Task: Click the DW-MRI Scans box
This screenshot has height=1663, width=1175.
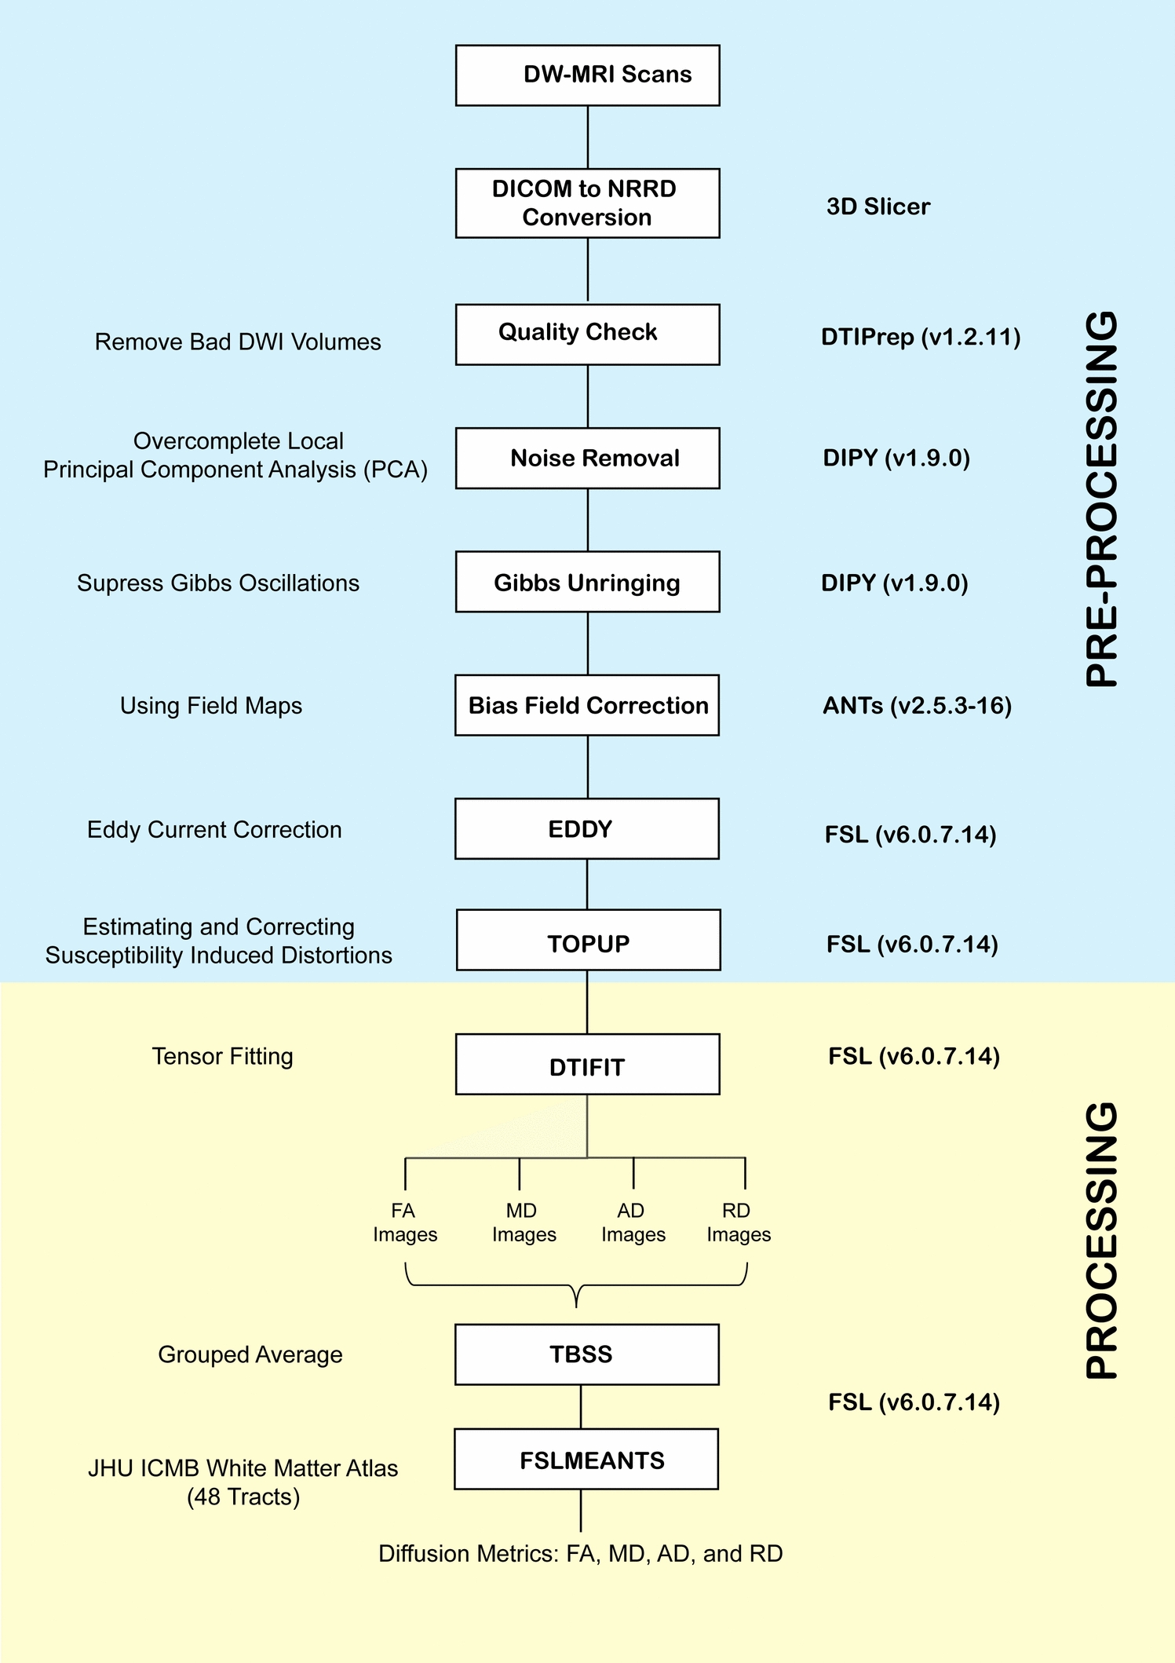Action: point(587,75)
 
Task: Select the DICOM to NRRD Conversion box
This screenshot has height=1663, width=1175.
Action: point(587,203)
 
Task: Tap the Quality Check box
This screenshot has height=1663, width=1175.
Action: point(587,334)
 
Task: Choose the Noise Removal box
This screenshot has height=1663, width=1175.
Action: point(587,459)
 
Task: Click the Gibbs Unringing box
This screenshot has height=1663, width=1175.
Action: point(587,582)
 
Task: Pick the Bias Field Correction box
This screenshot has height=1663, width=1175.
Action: point(587,705)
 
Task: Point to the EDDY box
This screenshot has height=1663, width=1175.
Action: point(587,829)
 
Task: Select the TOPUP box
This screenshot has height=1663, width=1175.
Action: point(588,940)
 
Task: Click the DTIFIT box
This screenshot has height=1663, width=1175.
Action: point(587,1064)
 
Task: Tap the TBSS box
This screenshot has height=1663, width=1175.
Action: point(587,1354)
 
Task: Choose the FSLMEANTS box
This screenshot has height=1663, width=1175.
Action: point(586,1459)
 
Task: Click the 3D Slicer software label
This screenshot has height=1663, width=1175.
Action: point(878,207)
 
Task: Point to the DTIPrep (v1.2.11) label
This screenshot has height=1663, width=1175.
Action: point(921,337)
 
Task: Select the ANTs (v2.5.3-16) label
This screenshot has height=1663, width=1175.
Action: point(917,705)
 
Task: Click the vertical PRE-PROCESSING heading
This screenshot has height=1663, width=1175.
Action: point(1101,499)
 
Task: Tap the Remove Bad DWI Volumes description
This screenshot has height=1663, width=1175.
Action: point(238,342)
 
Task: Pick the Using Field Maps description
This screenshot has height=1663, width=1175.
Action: point(211,705)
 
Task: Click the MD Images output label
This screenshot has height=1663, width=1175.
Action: point(524,1223)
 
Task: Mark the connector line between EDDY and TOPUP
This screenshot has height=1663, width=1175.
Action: point(587,885)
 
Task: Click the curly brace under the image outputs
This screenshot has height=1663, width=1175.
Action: point(576,1285)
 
